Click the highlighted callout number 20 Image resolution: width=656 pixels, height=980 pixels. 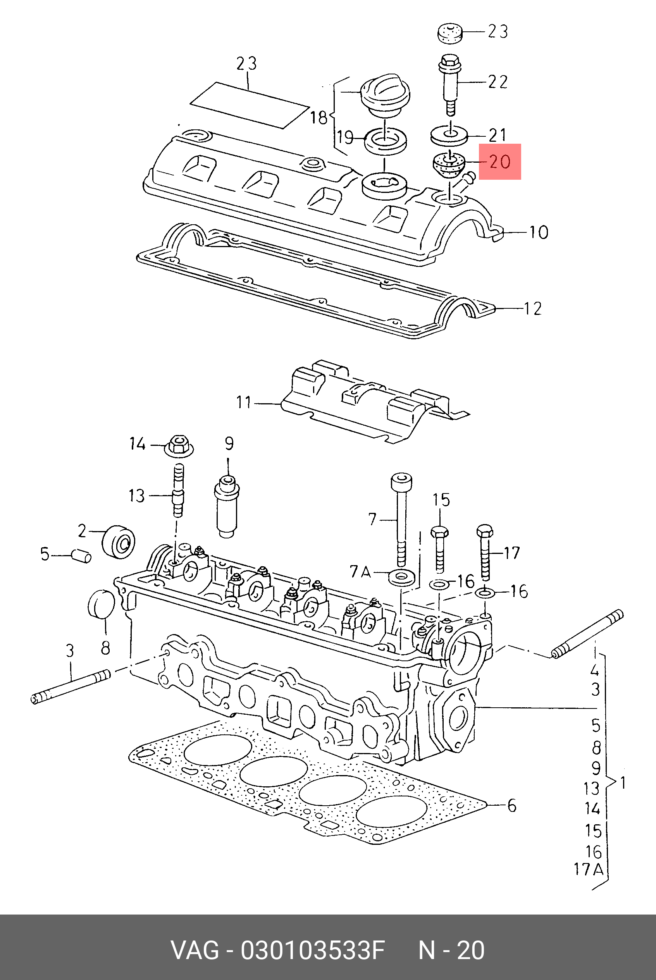(x=500, y=162)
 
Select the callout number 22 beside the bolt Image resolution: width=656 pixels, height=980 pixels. (x=498, y=82)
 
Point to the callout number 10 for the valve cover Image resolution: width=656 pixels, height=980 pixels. (x=539, y=232)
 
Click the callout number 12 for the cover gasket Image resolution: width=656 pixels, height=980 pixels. (x=532, y=309)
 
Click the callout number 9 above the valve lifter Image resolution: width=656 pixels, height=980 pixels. (x=229, y=444)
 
